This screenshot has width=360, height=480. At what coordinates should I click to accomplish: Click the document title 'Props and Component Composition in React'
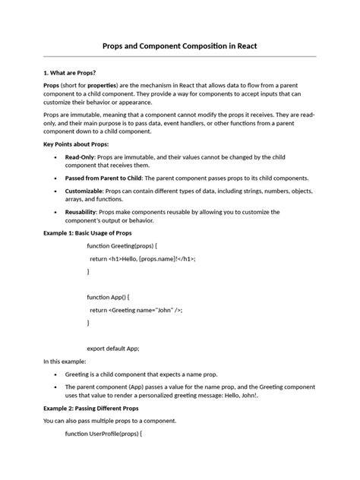(x=180, y=46)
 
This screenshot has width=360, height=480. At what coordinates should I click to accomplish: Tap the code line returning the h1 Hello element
(x=143, y=258)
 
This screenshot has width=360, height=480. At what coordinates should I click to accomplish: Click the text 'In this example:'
(x=65, y=362)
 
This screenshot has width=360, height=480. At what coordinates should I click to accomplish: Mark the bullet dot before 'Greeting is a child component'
(x=57, y=374)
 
